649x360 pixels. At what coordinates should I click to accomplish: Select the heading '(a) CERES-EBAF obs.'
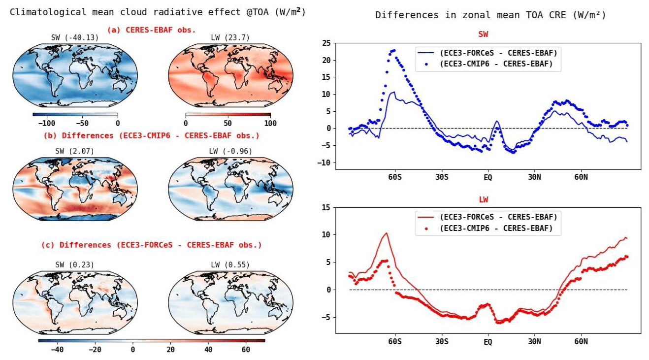152,30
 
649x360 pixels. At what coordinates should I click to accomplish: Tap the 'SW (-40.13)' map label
75,38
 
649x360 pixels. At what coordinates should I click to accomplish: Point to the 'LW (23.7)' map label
231,38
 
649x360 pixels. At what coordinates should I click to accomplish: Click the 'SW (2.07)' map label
75,151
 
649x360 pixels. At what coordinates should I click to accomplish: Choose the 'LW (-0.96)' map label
231,151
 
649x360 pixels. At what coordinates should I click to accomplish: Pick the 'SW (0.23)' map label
75,265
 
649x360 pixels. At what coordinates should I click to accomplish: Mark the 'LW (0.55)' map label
231,265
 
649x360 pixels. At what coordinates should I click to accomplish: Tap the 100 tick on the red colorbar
270,123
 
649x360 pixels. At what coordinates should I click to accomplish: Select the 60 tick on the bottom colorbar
246,349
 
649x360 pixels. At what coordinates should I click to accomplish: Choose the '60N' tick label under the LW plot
581,341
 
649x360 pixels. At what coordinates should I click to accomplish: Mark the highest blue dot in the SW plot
393,50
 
